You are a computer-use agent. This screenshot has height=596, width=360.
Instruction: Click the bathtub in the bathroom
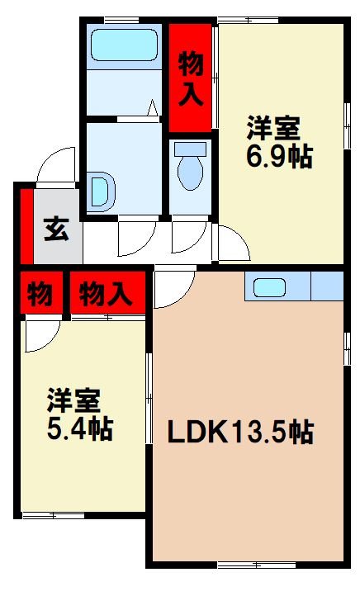124,45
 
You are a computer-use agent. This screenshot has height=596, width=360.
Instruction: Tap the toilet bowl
191,170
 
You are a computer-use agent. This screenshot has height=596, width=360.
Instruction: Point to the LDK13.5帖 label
241,432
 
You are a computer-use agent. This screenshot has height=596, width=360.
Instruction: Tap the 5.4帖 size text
79,428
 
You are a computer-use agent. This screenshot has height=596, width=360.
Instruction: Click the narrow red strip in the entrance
26,225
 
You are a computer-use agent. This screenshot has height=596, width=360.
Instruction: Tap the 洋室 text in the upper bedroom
272,129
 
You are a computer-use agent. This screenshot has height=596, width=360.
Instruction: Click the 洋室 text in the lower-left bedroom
73,400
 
